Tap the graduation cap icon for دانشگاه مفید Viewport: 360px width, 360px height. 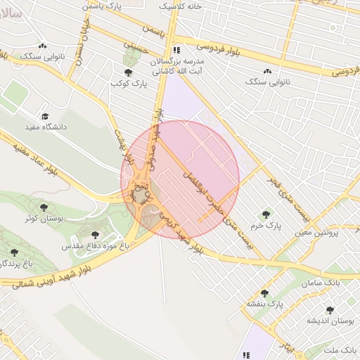click(45, 116)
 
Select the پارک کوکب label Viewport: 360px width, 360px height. click(127, 84)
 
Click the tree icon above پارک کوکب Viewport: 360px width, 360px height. click(128, 72)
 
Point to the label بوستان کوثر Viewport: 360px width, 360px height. click(44, 219)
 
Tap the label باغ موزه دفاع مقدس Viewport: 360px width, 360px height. click(96, 247)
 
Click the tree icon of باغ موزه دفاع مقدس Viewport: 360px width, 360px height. click(96, 235)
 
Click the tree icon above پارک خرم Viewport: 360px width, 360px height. click(266, 214)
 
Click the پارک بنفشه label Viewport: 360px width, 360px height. click(264, 304)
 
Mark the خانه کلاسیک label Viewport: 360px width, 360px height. click(178, 6)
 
